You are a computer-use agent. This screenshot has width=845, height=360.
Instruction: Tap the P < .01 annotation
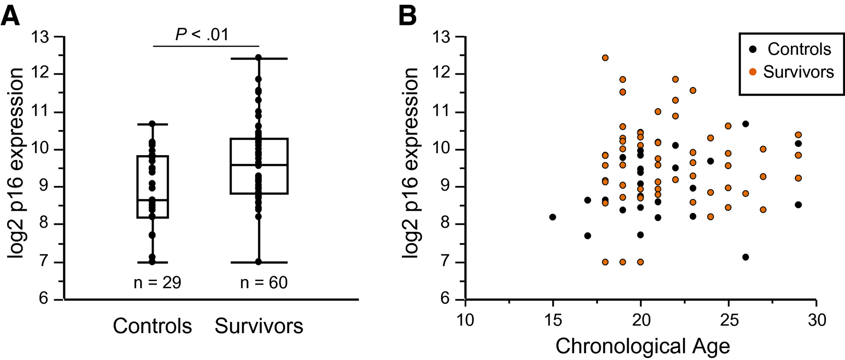(x=202, y=35)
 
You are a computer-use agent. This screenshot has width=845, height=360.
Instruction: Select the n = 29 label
(x=157, y=283)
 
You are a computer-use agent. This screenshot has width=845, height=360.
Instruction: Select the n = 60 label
(x=264, y=283)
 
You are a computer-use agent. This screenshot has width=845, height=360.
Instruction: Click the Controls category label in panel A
(x=152, y=326)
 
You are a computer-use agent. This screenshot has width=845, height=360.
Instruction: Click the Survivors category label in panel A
(x=259, y=326)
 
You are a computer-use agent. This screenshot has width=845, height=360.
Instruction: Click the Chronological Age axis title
(x=642, y=346)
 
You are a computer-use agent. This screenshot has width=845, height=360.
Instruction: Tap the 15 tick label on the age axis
(x=553, y=320)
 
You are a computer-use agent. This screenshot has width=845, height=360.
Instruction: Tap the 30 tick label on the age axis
(x=817, y=320)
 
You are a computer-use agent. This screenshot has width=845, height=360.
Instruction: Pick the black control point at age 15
(x=552, y=217)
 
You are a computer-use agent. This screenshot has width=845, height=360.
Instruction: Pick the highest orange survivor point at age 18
(x=605, y=58)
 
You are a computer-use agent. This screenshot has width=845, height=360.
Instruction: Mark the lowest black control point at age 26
(x=745, y=257)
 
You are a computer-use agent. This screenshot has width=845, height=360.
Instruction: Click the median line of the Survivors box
(x=259, y=165)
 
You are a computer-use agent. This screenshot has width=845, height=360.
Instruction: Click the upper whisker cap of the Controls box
(x=152, y=124)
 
